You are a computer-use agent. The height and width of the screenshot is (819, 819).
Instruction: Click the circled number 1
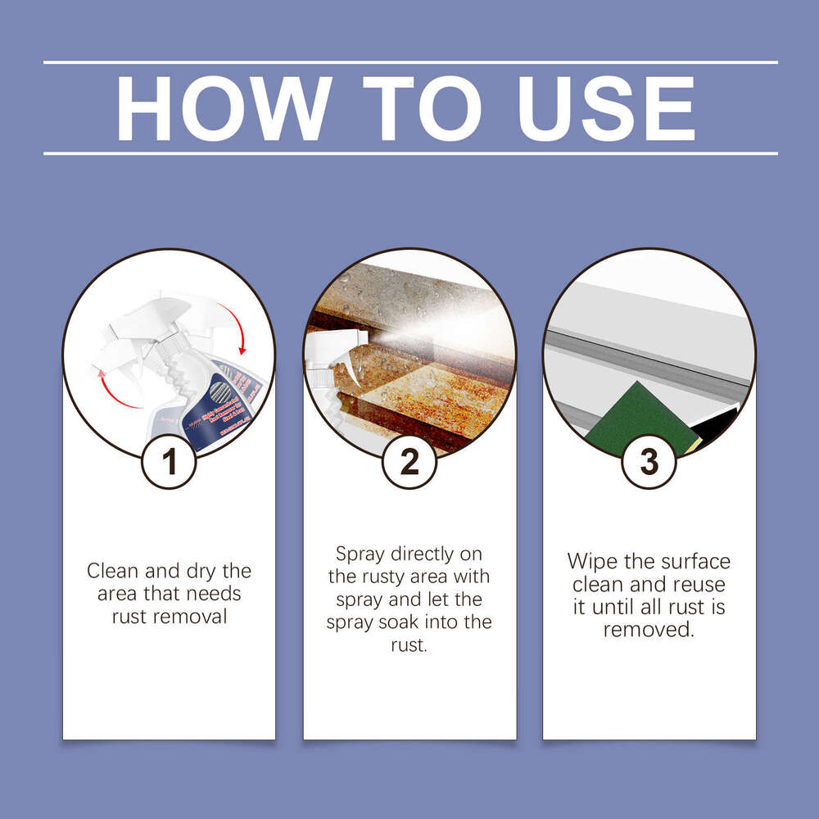point(169,463)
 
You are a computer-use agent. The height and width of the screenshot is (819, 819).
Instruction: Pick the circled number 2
point(409,463)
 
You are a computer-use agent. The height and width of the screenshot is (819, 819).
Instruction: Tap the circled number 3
point(649,463)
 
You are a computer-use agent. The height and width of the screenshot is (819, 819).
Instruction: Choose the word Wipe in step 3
point(595,562)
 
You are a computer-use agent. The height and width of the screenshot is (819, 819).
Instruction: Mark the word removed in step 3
point(649,630)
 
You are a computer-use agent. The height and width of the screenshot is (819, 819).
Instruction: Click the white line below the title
point(409,153)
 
